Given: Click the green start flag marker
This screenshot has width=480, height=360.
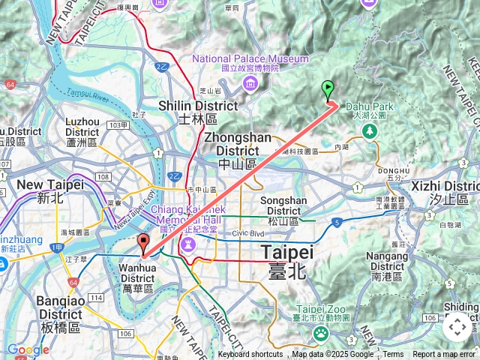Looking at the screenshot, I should pos(328,91).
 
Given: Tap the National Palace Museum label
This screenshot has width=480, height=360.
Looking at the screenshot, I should pos(250,58).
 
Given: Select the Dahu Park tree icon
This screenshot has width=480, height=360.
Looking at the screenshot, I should pos(369,131).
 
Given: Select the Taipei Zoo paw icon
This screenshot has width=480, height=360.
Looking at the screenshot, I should pos(321,331).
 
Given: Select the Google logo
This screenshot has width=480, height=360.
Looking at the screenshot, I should pos(28,349).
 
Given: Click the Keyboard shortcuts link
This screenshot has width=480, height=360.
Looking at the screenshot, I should pos(250,355).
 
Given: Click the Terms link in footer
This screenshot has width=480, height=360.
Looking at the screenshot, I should pos(393,355).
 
